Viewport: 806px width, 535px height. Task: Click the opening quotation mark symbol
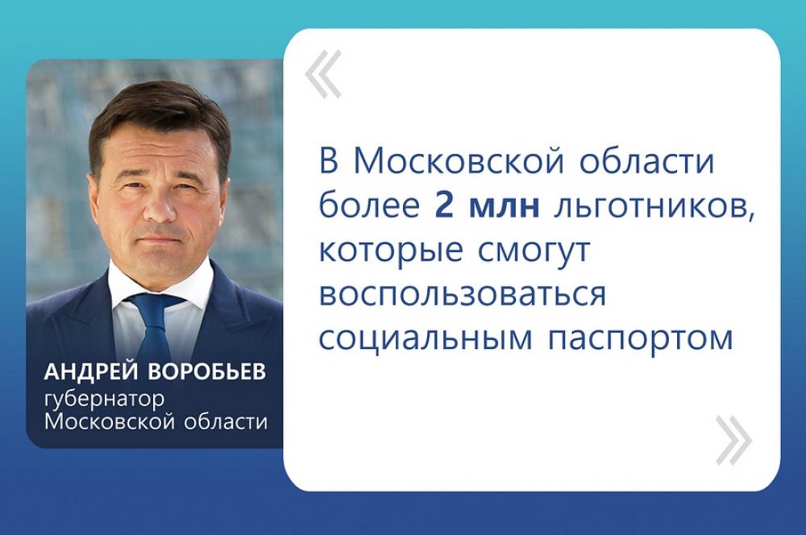click(x=323, y=74)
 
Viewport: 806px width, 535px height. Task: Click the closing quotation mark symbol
click(x=734, y=440)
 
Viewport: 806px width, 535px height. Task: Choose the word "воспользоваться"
click(x=463, y=295)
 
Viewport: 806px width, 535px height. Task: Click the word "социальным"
click(x=426, y=338)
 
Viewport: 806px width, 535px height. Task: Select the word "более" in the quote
click(x=370, y=205)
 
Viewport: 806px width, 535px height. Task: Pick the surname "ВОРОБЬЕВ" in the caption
click(x=206, y=372)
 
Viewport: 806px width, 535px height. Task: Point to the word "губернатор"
click(x=105, y=400)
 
